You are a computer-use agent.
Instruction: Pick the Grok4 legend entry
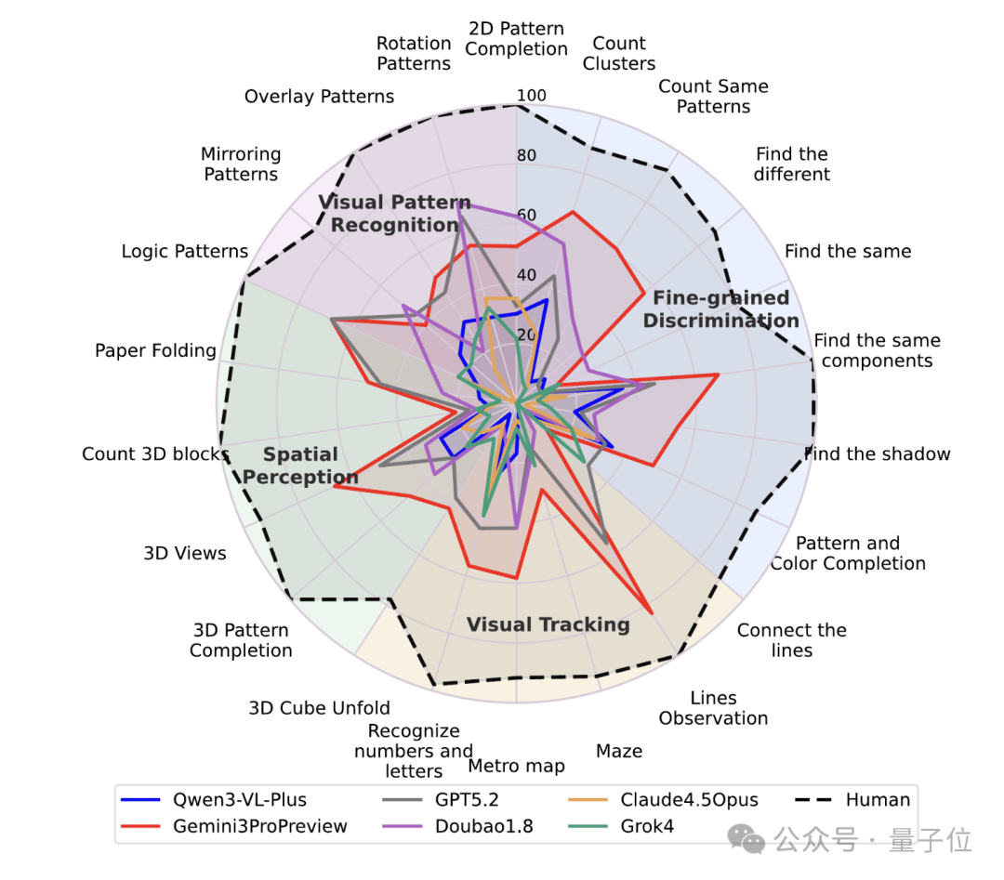click(638, 826)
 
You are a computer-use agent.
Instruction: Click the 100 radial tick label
click(532, 96)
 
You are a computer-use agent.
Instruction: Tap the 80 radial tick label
click(526, 155)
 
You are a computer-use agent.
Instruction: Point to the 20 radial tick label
click(526, 335)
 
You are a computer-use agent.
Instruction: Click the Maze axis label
click(619, 750)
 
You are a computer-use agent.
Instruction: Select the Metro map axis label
click(516, 766)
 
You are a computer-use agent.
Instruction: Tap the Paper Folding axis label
click(155, 350)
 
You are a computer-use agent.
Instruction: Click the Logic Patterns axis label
click(185, 251)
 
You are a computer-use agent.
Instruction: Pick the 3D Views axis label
click(185, 553)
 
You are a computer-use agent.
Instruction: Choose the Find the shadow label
click(878, 453)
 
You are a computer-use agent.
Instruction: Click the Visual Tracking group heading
click(548, 624)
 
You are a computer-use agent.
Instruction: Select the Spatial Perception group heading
click(300, 466)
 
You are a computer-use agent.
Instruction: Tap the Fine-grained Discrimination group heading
click(720, 309)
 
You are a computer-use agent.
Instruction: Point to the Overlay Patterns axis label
click(319, 97)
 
